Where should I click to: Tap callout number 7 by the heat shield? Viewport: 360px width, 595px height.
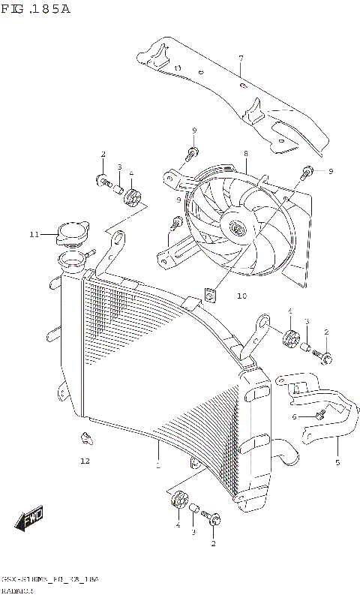tap(241, 59)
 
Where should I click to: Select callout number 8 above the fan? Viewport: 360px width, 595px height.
tap(245, 154)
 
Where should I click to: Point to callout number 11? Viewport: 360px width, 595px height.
tap(34, 235)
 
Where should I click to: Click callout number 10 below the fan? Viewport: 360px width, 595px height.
tap(220, 296)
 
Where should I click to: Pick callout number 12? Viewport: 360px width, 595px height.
tap(85, 461)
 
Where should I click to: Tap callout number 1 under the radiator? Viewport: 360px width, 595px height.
tap(157, 466)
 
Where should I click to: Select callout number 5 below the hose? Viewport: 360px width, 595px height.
tap(337, 462)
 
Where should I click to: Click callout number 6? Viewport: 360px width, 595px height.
tap(295, 416)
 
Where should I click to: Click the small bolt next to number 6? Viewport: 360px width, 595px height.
tap(320, 412)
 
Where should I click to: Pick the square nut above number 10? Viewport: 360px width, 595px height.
tap(211, 295)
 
